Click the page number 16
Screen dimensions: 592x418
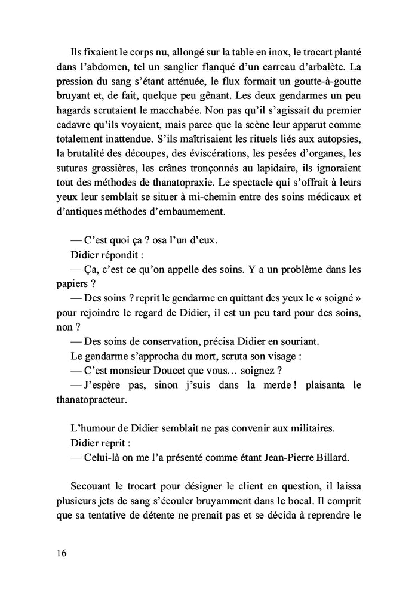click(62, 552)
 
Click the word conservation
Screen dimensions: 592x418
click(158, 341)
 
